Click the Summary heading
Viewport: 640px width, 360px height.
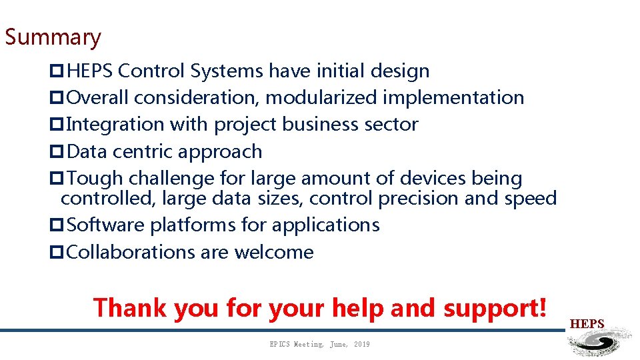(53, 37)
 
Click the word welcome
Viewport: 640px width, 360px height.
(273, 253)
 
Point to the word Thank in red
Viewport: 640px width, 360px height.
(129, 308)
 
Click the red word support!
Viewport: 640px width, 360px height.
(496, 308)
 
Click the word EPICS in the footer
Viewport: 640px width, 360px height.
(280, 344)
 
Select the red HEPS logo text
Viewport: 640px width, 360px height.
(587, 324)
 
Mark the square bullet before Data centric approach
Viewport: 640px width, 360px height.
(56, 152)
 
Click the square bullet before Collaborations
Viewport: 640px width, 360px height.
(56, 253)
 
